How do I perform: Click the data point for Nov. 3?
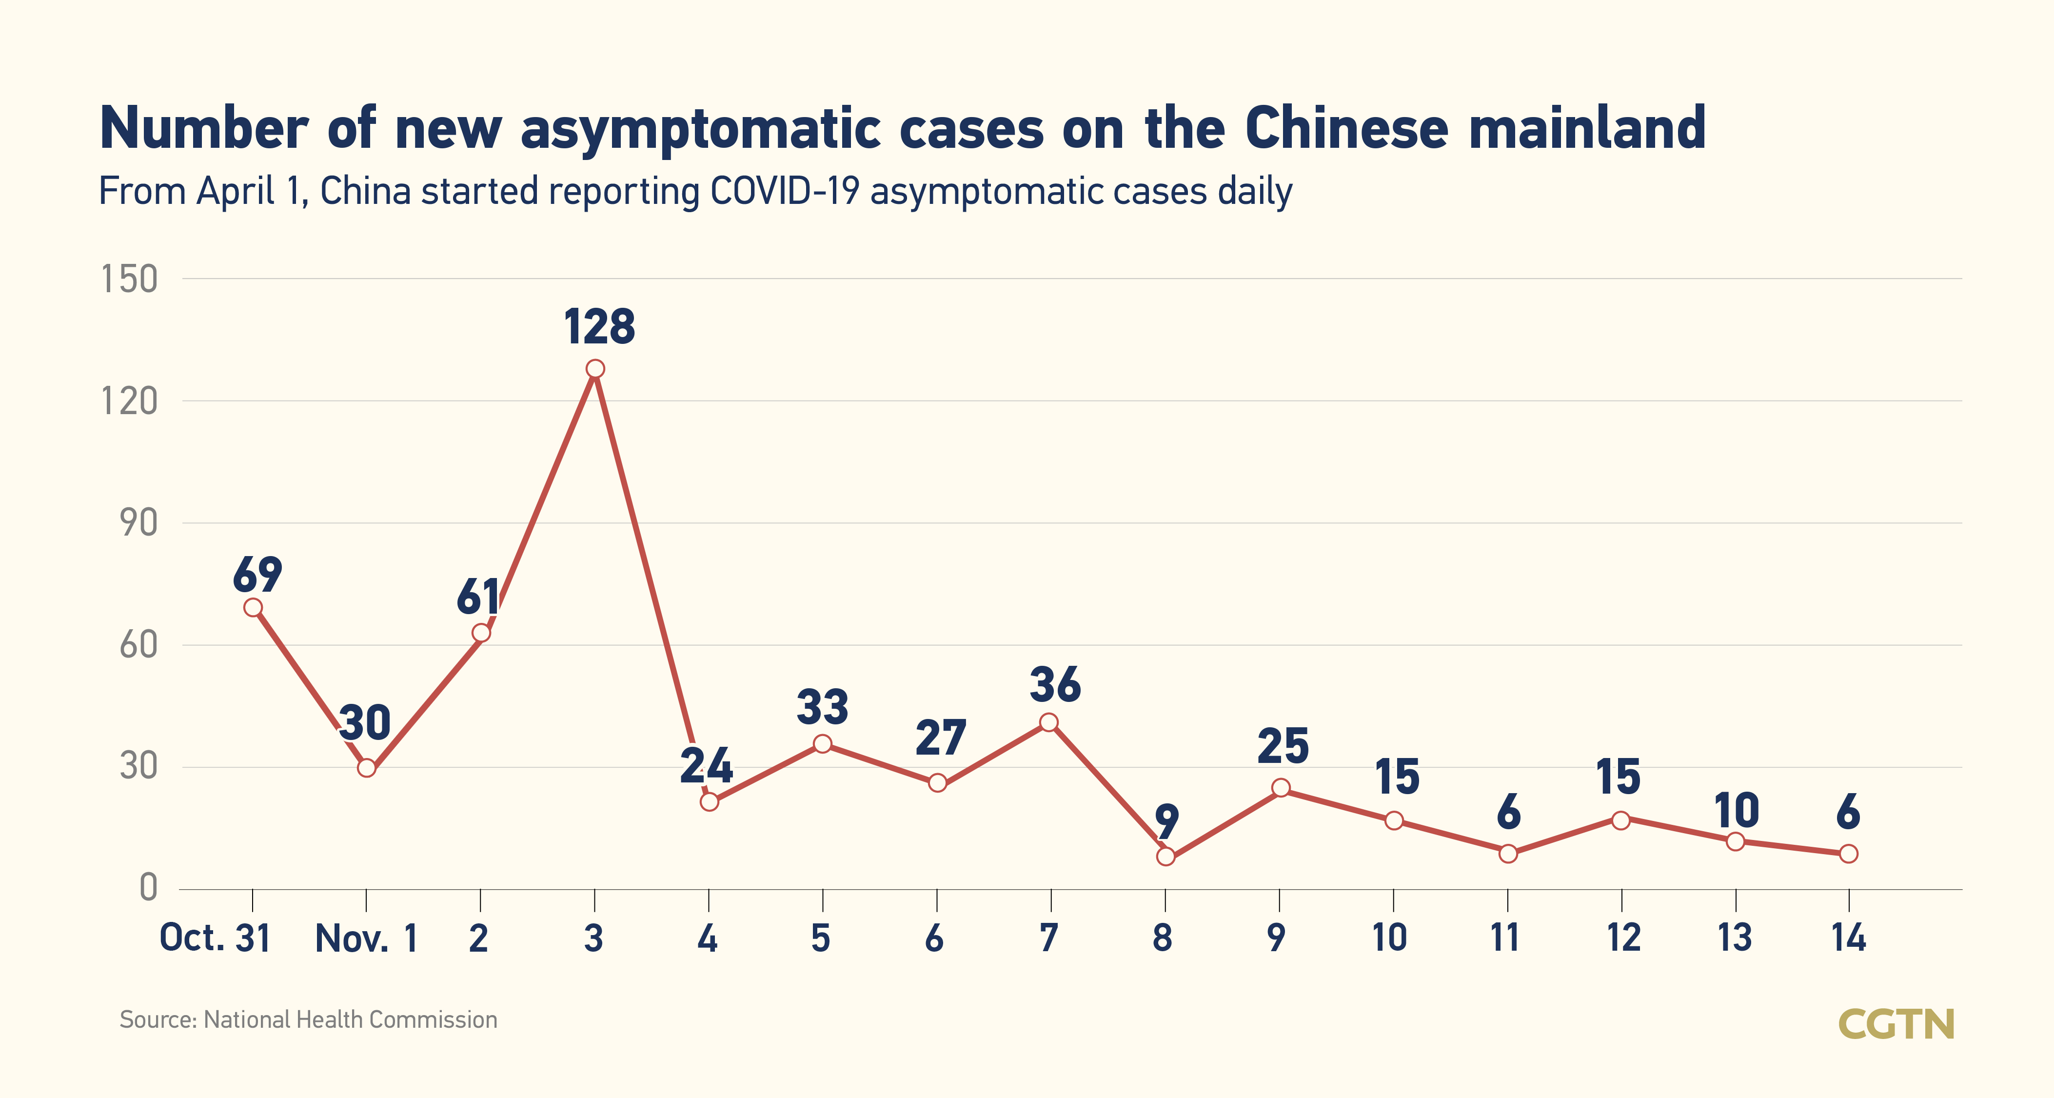pos(595,368)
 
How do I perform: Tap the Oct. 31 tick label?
pos(215,938)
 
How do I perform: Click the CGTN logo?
pos(1896,1024)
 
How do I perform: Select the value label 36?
pos(1055,685)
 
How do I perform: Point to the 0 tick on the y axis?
pos(148,887)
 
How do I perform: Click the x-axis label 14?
pos(1848,938)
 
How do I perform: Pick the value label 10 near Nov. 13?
pos(1737,811)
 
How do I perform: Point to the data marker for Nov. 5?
pos(823,744)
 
